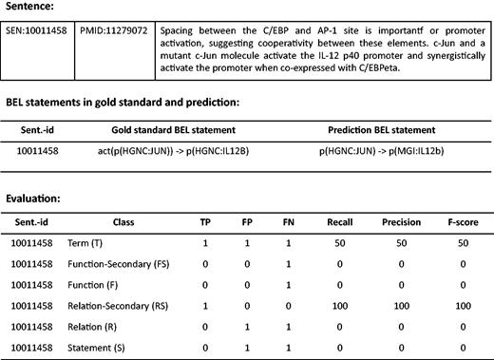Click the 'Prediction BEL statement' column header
tap(378, 127)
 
